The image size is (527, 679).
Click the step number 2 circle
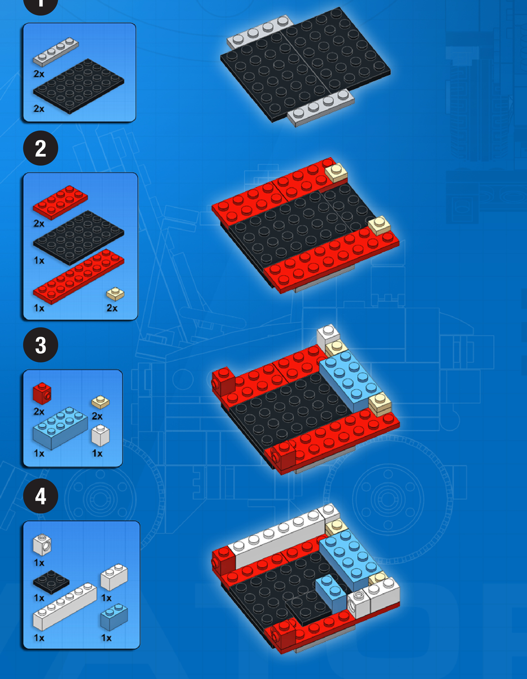click(x=41, y=148)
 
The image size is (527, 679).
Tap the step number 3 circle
click(x=41, y=345)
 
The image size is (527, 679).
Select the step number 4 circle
click(x=41, y=496)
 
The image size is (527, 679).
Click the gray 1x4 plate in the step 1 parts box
click(x=56, y=52)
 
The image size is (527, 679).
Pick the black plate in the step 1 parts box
click(x=79, y=86)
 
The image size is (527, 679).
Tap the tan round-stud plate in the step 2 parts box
click(x=115, y=294)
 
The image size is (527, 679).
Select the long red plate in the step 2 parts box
click(x=79, y=277)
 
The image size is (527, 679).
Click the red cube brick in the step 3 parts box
click(x=42, y=393)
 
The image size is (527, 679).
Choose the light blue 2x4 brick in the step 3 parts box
click(x=60, y=428)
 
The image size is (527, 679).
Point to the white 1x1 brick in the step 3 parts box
click(x=101, y=436)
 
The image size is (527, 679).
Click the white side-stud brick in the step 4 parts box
click(x=42, y=544)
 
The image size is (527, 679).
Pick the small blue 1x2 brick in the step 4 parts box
click(x=114, y=617)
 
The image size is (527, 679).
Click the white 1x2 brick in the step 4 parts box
click(x=114, y=577)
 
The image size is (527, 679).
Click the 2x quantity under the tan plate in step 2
click(x=112, y=308)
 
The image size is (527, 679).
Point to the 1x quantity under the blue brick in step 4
click(x=106, y=638)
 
